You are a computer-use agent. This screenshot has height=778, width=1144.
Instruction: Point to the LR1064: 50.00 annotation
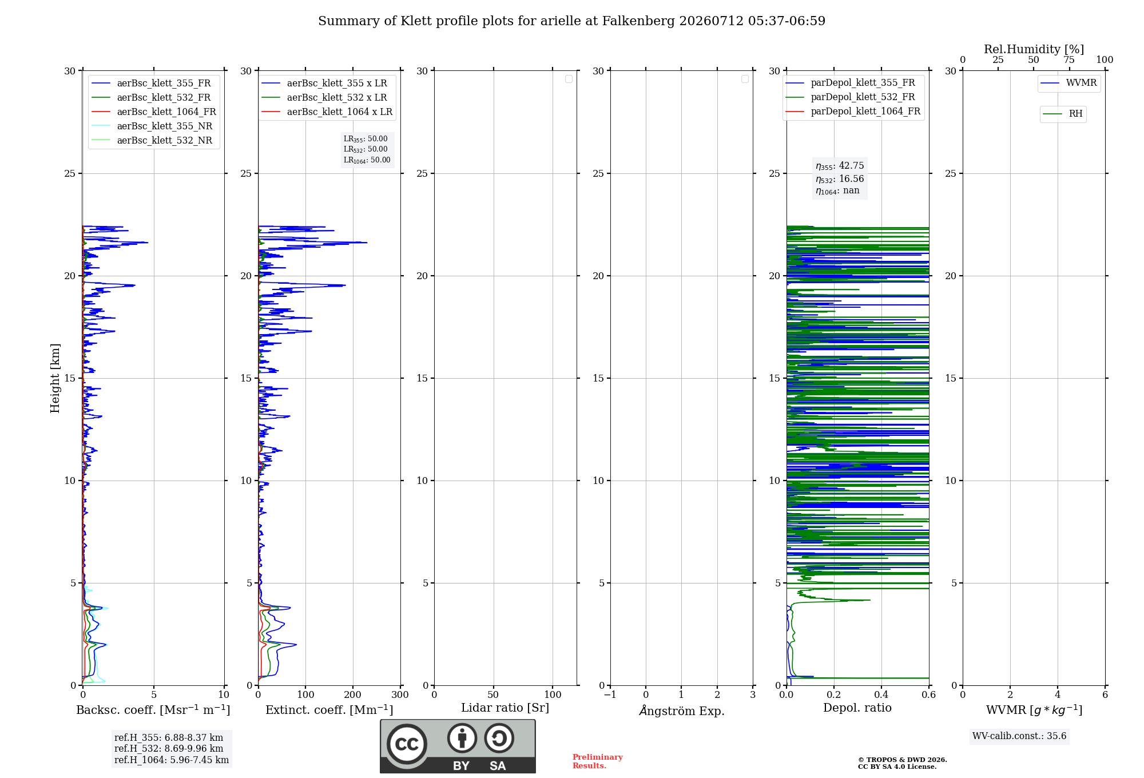click(367, 160)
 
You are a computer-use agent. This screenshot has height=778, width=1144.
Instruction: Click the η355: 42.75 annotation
click(840, 166)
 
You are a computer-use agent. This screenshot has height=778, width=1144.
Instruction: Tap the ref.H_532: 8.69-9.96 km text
click(169, 749)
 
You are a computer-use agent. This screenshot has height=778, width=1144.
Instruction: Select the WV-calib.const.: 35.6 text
click(1019, 736)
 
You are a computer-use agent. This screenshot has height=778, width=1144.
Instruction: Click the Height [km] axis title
click(55, 378)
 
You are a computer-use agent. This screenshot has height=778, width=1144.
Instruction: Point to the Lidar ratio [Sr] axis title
click(505, 708)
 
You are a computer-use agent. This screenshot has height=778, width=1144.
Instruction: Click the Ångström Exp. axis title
click(682, 710)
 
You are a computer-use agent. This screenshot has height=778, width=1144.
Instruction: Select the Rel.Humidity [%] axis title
click(1034, 49)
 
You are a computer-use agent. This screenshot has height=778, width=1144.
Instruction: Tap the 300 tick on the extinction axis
click(400, 695)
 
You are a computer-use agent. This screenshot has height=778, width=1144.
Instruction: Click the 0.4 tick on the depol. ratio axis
click(881, 695)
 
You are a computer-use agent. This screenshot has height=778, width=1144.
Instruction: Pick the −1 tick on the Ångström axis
click(610, 695)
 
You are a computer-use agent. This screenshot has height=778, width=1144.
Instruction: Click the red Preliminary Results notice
click(598, 761)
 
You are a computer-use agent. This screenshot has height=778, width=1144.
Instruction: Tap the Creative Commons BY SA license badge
click(458, 746)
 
